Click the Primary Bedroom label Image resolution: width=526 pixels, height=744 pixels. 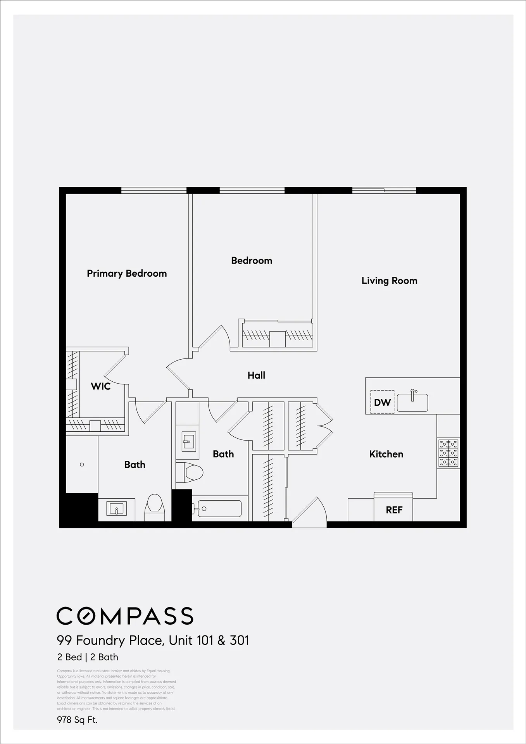[127, 274]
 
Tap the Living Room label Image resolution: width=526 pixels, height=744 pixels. [389, 281]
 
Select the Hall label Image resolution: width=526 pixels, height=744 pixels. [256, 375]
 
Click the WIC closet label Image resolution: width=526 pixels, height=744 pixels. [100, 386]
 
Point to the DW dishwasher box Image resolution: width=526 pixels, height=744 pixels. [382, 402]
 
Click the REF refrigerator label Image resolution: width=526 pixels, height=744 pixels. [394, 510]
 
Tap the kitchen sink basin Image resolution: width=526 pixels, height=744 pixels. [412, 403]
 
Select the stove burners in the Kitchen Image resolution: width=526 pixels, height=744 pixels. [448, 453]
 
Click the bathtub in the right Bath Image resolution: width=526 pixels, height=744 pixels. [219, 509]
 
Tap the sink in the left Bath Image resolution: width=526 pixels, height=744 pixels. [116, 508]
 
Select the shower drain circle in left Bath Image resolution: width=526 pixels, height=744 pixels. [82, 465]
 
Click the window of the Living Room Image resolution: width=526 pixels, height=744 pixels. [384, 190]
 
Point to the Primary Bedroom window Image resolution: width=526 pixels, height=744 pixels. [154, 190]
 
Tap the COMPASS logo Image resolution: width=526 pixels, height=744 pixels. [125, 616]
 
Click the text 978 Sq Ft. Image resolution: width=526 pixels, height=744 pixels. [77, 720]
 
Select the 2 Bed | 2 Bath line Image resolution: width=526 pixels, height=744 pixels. [88, 657]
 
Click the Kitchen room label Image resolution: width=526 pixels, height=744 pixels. [386, 454]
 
